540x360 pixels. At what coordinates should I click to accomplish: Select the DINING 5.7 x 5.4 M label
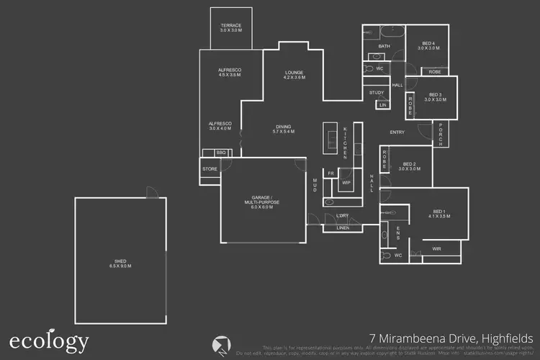284,130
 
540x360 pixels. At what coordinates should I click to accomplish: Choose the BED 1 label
438,214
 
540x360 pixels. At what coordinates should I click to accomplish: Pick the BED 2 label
410,166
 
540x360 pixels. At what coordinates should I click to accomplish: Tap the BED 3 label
435,97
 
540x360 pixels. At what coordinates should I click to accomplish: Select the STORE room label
210,169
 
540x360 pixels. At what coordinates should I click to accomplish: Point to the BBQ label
222,153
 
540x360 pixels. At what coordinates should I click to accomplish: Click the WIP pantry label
346,183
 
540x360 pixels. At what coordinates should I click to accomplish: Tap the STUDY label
377,93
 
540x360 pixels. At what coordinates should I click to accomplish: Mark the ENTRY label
397,132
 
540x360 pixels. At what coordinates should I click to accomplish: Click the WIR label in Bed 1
436,249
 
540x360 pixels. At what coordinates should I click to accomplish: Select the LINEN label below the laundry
343,228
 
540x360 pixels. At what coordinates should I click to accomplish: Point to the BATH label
384,47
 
